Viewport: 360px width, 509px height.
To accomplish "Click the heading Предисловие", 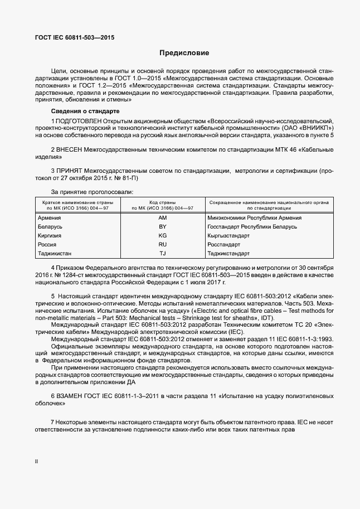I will click(184, 54).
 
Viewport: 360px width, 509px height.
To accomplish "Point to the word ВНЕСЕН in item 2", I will click(69, 150).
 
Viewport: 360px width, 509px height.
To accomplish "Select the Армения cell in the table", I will click(49, 218).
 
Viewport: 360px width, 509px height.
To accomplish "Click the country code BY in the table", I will click(163, 227).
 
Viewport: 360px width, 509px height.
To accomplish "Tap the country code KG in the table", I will click(163, 236).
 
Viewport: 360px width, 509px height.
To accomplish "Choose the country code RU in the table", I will click(163, 245).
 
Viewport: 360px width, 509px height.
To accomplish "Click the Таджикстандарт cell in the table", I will click(228, 254).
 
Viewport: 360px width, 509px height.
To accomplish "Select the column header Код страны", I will click(163, 202).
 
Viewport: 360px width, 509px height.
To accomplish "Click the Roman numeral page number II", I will click(37, 462).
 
